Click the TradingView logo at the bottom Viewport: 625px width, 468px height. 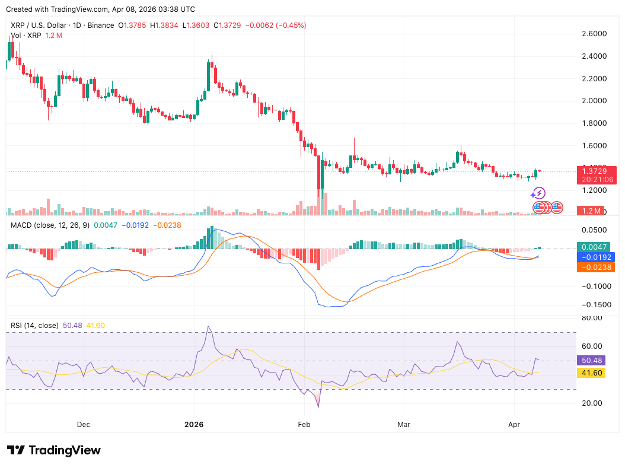click(x=53, y=450)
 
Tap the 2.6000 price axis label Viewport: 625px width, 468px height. click(x=595, y=34)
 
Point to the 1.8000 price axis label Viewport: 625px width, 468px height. click(x=595, y=123)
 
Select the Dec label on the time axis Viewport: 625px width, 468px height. click(x=84, y=425)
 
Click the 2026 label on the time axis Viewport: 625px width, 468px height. click(x=194, y=425)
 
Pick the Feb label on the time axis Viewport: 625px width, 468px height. click(x=304, y=425)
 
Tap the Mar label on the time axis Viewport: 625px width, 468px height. click(x=403, y=425)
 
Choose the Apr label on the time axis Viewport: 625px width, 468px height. click(x=514, y=425)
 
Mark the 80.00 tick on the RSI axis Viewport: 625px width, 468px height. click(x=592, y=318)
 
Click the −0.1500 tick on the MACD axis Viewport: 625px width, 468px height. click(x=594, y=304)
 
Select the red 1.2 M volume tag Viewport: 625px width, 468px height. click(x=590, y=211)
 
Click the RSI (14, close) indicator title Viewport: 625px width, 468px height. click(x=34, y=325)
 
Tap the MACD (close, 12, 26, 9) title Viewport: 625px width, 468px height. click(x=50, y=225)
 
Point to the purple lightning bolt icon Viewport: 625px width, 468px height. click(x=538, y=193)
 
